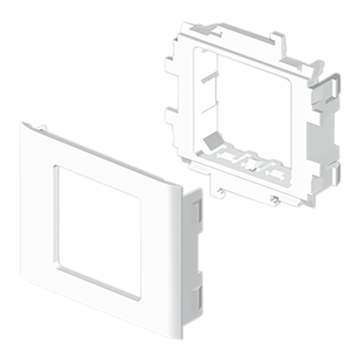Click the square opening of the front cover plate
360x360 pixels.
point(113,222)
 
